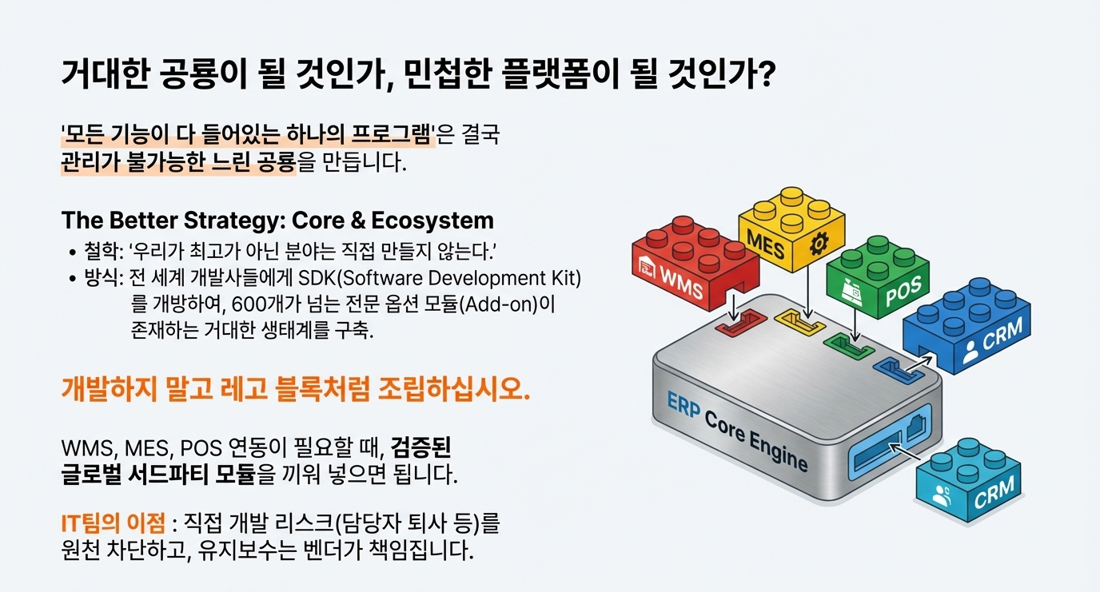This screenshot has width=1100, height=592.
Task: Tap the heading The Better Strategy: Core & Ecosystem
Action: pyautogui.click(x=277, y=220)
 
